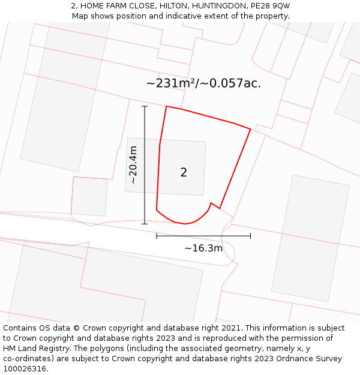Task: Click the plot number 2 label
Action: point(184,172)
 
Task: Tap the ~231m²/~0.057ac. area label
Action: point(203,83)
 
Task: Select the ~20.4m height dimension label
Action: point(133,164)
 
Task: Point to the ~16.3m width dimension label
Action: point(203,248)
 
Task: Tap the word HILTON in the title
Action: point(172,6)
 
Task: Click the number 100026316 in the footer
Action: point(24,368)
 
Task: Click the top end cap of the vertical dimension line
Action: point(145,106)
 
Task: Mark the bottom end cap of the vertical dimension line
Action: point(145,224)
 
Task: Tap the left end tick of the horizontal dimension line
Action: point(157,236)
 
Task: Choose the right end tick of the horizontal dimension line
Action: point(250,236)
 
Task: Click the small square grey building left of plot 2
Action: point(89,196)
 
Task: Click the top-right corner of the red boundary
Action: point(250,129)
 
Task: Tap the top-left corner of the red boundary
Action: point(166,106)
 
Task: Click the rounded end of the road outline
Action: point(232,256)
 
